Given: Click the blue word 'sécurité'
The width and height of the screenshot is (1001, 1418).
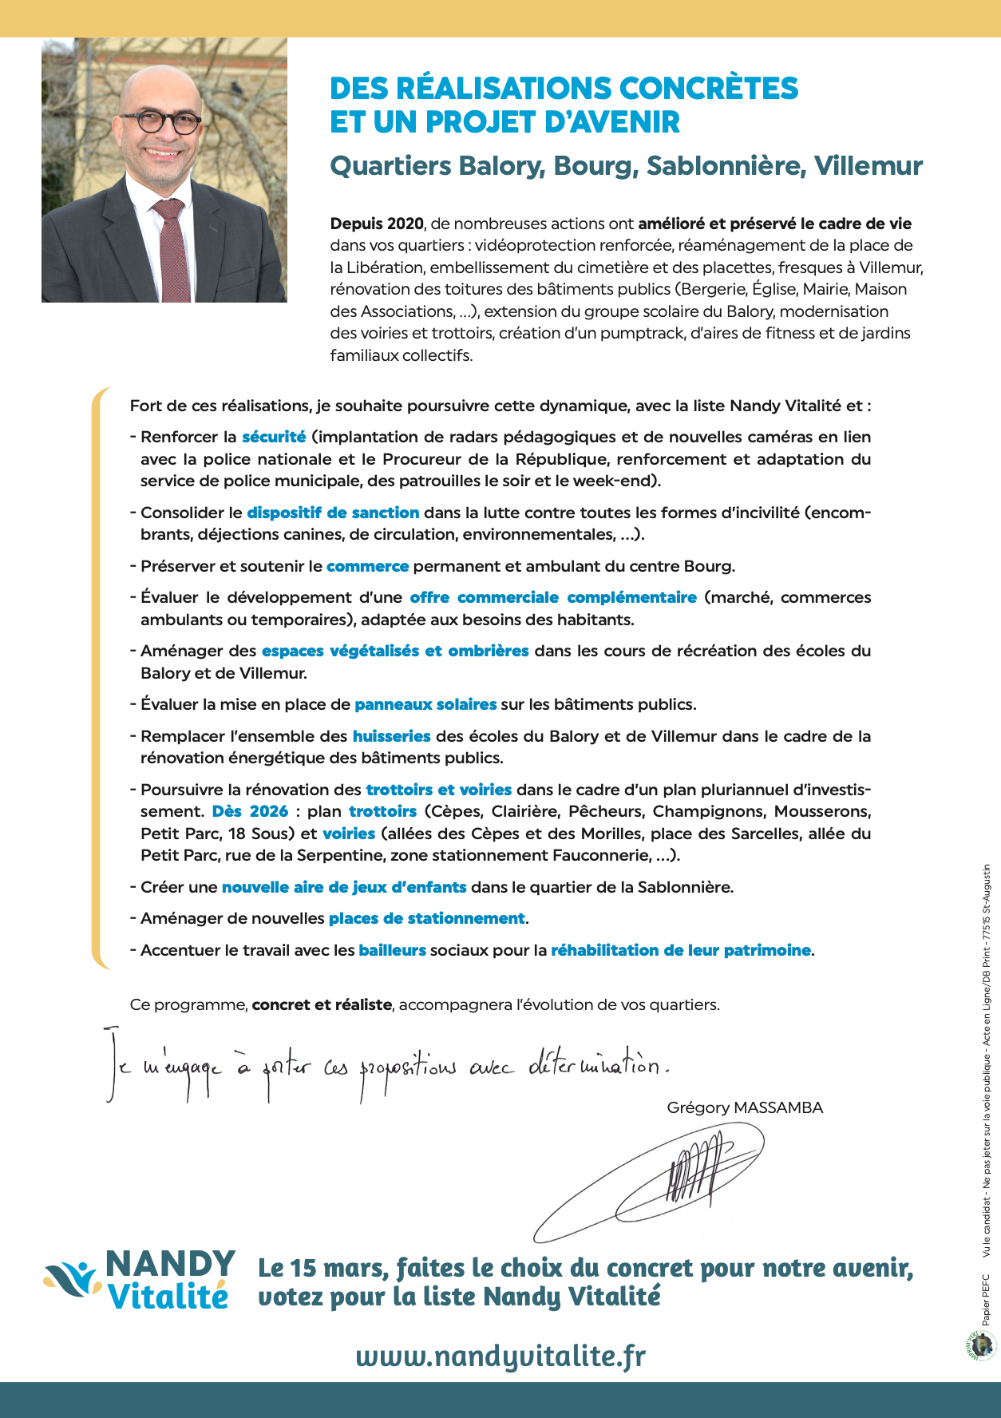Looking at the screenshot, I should [274, 437].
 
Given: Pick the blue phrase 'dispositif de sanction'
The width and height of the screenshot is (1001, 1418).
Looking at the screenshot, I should [333, 513].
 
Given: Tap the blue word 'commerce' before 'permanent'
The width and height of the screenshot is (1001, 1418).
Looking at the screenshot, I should [367, 566].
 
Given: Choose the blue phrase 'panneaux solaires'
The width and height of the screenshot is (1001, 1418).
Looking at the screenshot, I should [425, 704].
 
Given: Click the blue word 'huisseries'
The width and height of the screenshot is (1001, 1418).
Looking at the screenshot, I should [391, 736].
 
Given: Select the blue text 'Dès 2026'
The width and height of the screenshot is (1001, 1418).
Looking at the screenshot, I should [250, 811].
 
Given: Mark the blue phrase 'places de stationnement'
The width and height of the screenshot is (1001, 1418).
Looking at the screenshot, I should [426, 918].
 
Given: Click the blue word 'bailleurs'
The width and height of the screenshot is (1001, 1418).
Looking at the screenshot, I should [392, 950].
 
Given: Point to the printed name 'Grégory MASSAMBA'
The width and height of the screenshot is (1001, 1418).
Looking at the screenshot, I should [745, 1107].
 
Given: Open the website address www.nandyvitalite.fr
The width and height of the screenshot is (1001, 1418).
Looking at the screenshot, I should [500, 1356].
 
